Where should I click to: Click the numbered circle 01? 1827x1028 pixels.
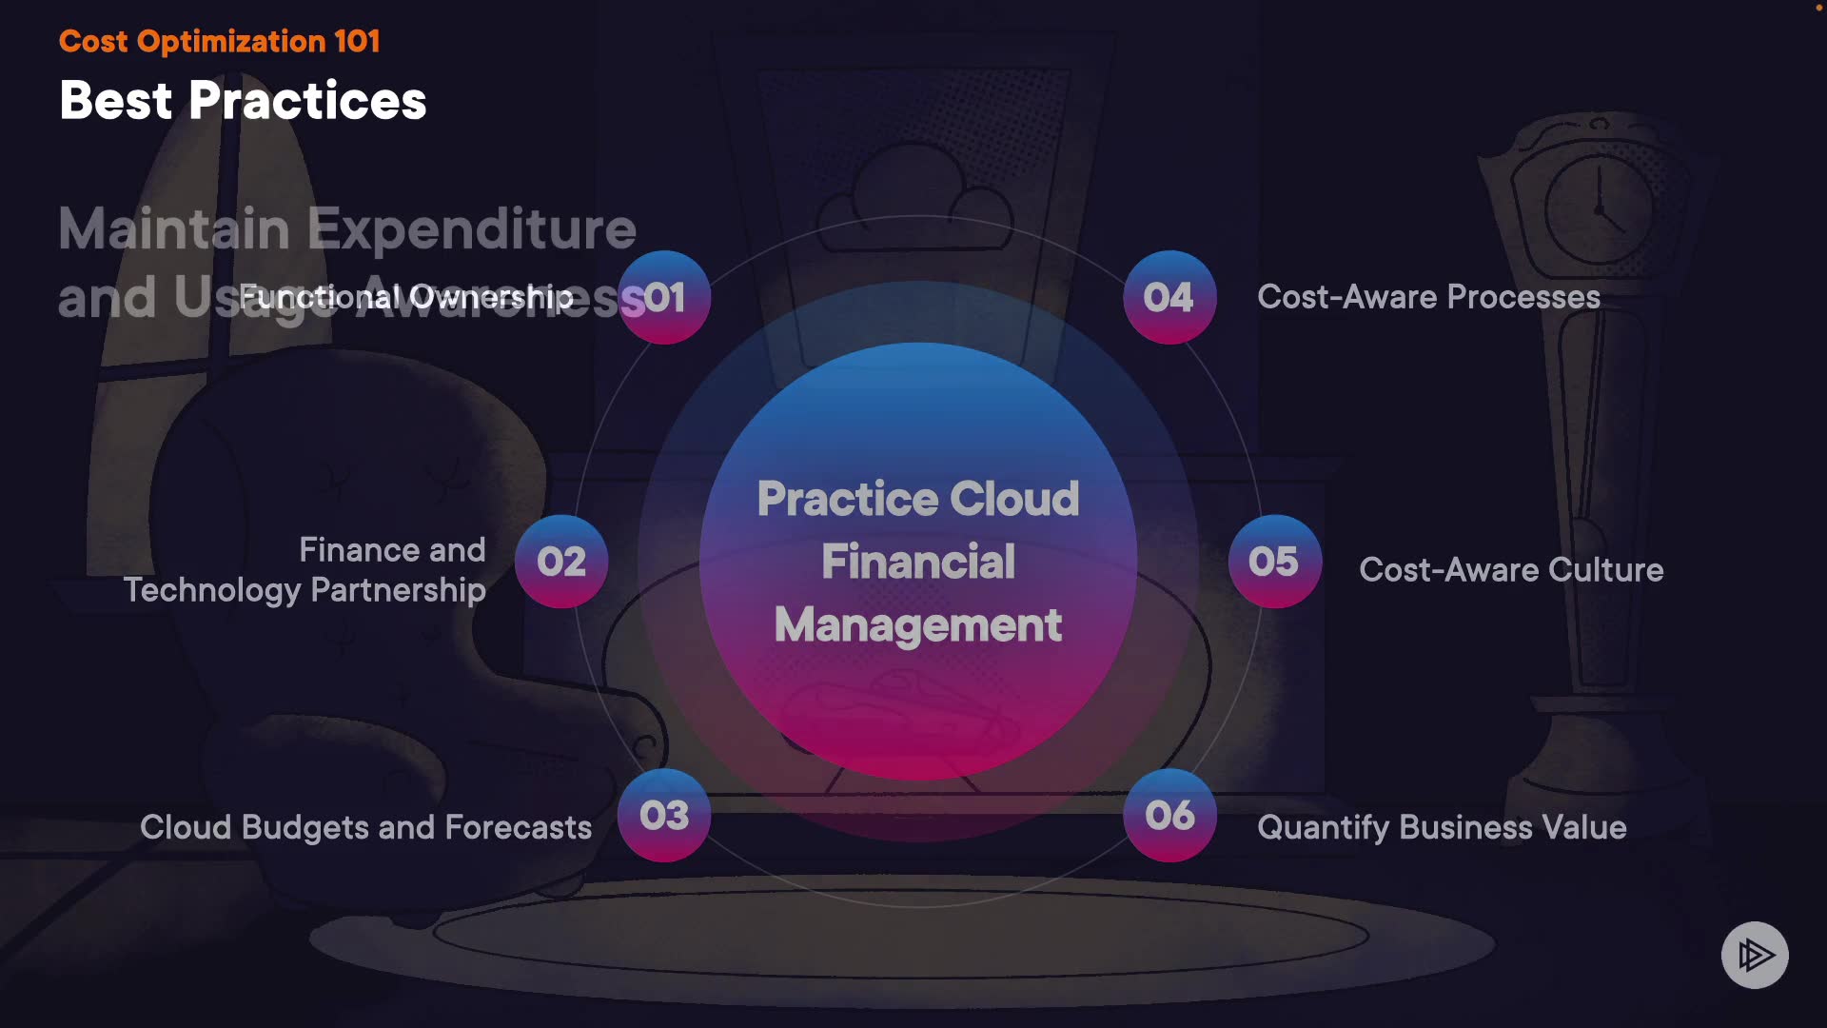click(664, 297)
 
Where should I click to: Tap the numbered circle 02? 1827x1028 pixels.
click(561, 562)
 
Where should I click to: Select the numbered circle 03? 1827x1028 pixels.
click(664, 815)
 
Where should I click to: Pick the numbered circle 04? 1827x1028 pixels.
click(1169, 297)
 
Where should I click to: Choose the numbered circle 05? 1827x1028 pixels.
click(1274, 562)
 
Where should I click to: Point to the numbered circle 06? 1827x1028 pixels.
click(1169, 815)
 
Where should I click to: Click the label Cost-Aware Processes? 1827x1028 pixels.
click(1428, 297)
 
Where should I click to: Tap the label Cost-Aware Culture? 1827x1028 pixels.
click(1511, 569)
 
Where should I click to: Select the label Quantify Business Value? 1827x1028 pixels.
click(1442, 827)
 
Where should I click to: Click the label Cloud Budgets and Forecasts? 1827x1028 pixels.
click(365, 827)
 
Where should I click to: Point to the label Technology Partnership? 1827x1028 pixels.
click(304, 590)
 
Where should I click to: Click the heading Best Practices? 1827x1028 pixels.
click(243, 100)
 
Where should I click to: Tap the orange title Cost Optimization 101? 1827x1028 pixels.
click(219, 41)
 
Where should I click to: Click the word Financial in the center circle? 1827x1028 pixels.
click(918, 562)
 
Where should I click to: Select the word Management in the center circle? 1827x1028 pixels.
click(918, 625)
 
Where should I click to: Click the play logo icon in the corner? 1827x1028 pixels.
click(1755, 955)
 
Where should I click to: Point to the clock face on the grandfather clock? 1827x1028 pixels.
click(1600, 209)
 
